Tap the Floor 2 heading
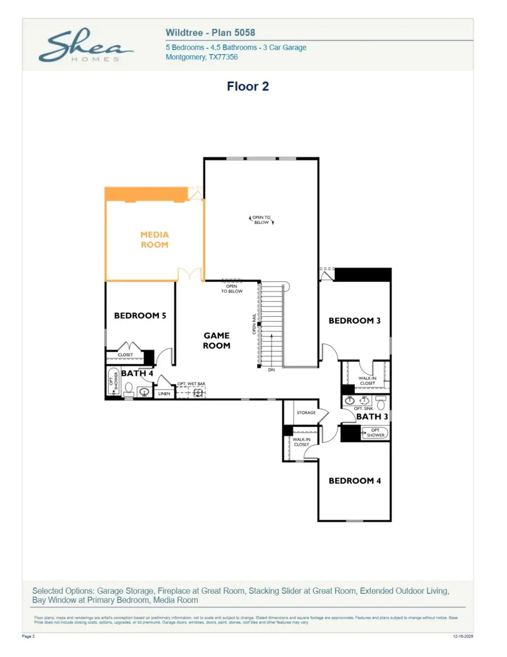coord(248,86)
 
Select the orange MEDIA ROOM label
coord(154,239)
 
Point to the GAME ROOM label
coord(216,341)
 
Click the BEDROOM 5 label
coord(140,316)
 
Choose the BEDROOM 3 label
coord(354,321)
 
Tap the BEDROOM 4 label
coord(354,481)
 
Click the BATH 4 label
coord(137,373)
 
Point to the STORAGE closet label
coord(306,413)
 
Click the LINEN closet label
coord(164,393)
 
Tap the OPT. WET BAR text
coord(191,384)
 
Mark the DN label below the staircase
coord(272,370)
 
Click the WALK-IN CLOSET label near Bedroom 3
coord(367,381)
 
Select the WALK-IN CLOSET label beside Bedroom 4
coord(301,442)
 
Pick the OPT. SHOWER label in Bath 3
coord(375,433)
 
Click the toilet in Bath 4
coord(128,389)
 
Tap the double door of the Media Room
coord(190,275)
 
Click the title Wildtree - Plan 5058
coord(210,33)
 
